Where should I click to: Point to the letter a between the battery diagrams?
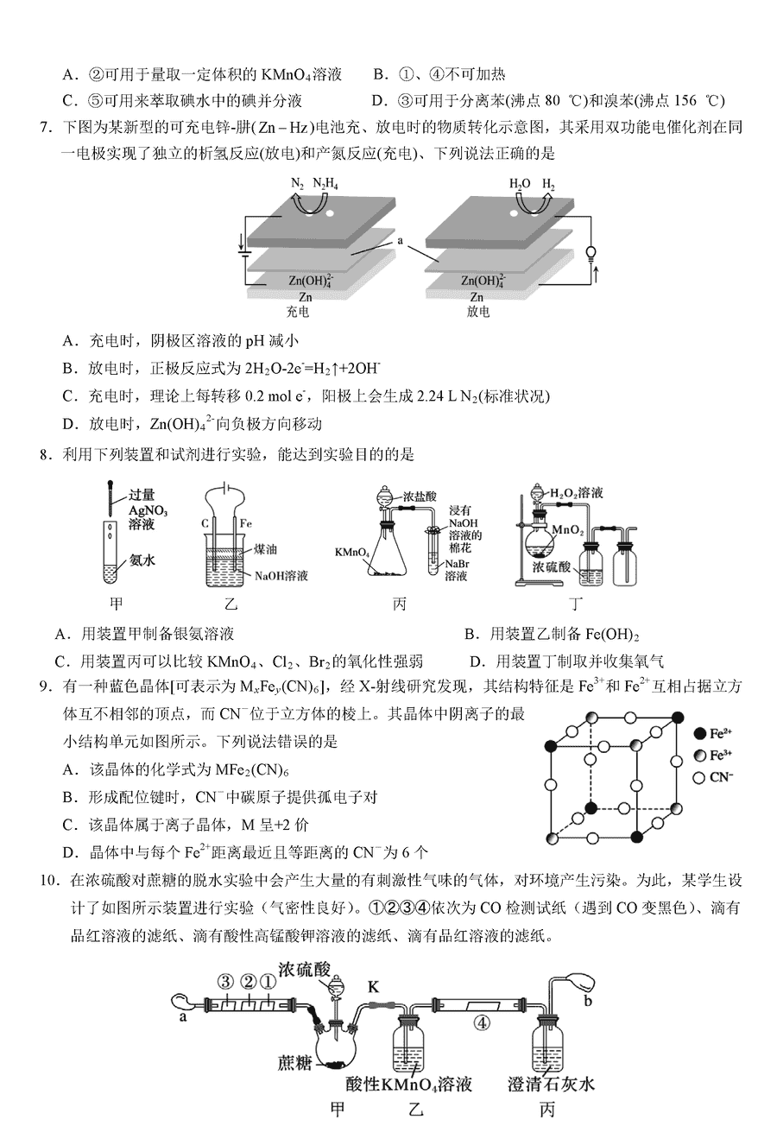401,241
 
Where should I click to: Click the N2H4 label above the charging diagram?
325,184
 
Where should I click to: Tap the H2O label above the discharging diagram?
520,184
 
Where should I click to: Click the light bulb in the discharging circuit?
591,252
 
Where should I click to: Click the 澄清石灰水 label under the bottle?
553,1085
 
